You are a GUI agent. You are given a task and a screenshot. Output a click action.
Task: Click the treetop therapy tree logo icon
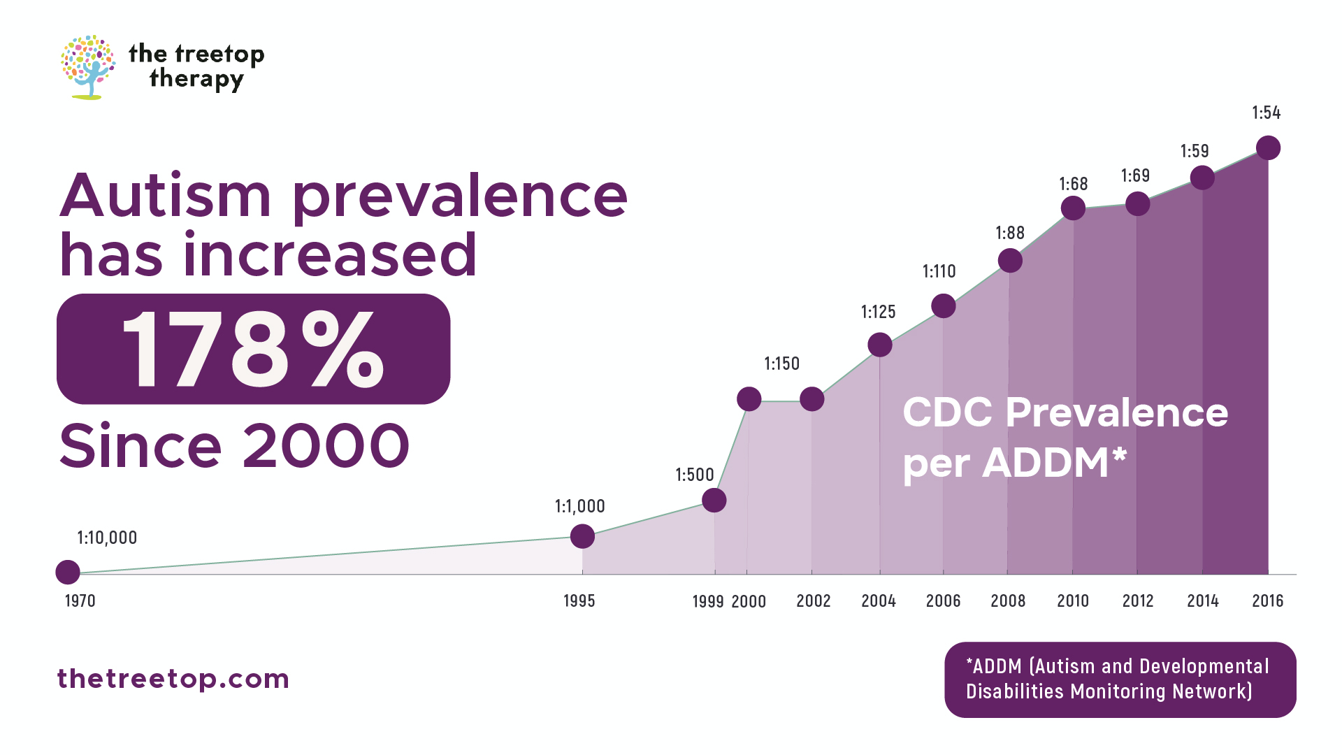88,67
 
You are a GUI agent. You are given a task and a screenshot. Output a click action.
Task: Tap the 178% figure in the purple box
253,349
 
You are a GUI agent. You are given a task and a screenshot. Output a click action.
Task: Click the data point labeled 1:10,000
68,572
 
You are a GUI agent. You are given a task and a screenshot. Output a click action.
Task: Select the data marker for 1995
582,536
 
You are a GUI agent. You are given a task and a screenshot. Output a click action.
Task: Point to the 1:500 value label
694,475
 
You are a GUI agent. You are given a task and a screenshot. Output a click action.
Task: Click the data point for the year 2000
749,399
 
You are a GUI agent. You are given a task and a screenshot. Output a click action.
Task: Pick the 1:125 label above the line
878,312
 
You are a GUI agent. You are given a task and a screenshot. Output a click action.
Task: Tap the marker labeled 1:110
943,305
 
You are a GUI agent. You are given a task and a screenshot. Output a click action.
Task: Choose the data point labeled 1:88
1010,261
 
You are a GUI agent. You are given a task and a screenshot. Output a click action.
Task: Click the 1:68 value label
1073,185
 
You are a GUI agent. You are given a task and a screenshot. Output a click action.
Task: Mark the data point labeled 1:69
1137,204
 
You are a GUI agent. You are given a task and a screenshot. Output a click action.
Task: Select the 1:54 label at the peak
1266,113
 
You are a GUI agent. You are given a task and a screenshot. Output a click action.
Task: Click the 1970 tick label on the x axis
80,601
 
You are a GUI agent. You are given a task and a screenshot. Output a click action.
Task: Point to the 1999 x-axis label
707,602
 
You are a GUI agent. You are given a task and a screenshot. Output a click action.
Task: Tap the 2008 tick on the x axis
1008,601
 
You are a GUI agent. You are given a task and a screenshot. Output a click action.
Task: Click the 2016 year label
1267,601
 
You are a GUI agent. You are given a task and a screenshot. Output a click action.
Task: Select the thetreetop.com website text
173,679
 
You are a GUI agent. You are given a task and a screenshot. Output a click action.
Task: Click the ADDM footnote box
1120,679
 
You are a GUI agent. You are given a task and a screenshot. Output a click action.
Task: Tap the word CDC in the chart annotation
947,412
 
